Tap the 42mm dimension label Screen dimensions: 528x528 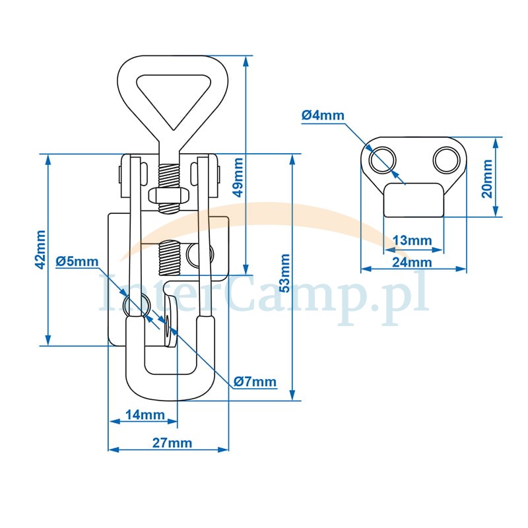40,249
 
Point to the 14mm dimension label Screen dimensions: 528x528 145,415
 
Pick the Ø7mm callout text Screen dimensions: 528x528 255,382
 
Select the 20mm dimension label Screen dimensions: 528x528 486,178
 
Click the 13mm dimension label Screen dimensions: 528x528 412,240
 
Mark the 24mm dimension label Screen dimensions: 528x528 412,262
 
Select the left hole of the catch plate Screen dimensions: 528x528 383,160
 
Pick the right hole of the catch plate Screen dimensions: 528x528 445,160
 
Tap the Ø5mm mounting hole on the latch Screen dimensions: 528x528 134,304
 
